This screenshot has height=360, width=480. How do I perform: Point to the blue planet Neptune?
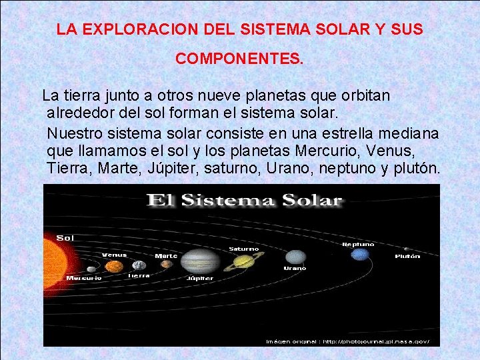pos(360,254)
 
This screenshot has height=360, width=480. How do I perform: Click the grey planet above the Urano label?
pos(295,257)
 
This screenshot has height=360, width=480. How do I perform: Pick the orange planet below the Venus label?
pos(115,267)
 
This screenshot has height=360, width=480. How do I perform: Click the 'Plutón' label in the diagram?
pos(407,256)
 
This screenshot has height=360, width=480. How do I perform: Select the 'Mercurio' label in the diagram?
pos(84,277)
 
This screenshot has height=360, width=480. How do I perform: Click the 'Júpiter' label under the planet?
pos(200,277)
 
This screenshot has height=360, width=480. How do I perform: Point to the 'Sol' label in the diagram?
pos(65,238)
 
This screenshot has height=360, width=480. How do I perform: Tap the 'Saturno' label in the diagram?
pos(244,249)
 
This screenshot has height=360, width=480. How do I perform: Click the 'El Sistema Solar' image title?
pos(244,200)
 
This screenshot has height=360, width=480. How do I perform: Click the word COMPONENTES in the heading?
pos(239,59)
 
